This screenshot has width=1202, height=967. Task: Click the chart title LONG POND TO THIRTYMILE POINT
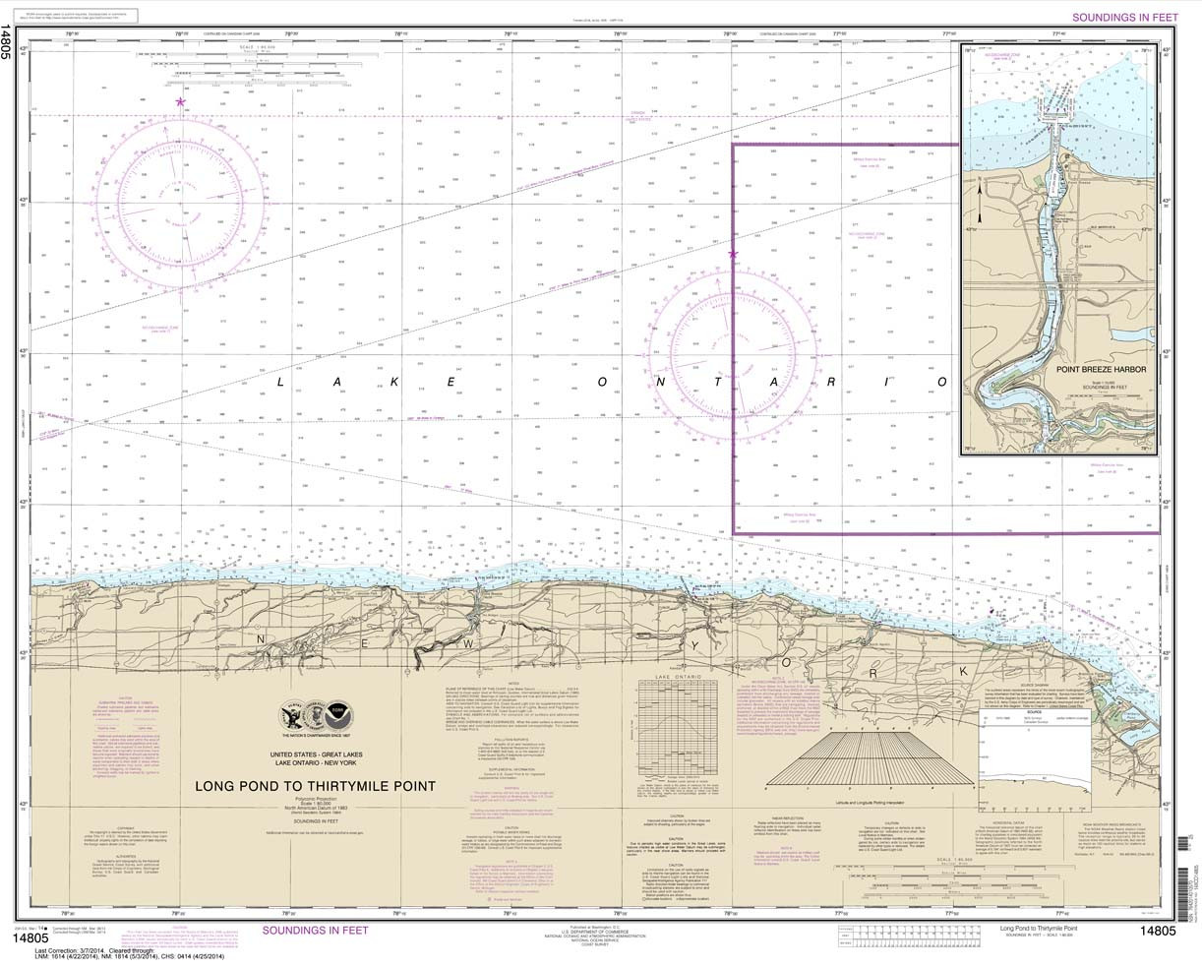coord(310,786)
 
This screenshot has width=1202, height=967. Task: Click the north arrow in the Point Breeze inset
coord(981,203)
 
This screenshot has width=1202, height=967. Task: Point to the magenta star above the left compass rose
coord(180,101)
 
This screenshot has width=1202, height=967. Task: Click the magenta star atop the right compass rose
coord(733,255)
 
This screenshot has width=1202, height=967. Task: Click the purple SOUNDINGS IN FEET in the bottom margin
coord(315,930)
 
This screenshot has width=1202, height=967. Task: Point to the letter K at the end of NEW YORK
coord(963,671)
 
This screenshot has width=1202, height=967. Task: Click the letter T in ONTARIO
coord(719,382)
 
